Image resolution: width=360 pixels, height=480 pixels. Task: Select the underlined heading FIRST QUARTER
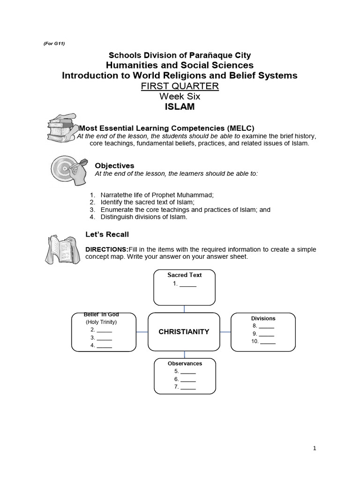(x=180, y=86)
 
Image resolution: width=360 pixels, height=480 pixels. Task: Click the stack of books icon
(x=62, y=127)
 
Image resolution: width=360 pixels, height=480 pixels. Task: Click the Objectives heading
(x=114, y=165)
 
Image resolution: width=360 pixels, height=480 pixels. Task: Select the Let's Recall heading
(x=107, y=234)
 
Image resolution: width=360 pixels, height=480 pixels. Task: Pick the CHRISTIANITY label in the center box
(x=184, y=331)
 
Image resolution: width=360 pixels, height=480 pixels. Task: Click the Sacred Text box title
(x=185, y=275)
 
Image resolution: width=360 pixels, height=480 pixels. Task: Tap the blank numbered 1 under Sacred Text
(x=187, y=284)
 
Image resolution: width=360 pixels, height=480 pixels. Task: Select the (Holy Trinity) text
(x=101, y=322)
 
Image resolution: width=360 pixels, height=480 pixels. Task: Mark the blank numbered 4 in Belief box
(x=104, y=345)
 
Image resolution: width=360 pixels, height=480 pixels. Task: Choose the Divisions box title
(x=263, y=318)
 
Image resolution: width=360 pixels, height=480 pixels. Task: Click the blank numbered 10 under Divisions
(x=268, y=342)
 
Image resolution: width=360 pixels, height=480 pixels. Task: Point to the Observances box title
(x=185, y=363)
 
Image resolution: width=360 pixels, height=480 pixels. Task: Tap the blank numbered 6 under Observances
(x=188, y=379)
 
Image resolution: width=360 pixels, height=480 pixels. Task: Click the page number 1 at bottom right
(x=315, y=448)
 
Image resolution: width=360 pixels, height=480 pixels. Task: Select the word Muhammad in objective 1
(x=186, y=195)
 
